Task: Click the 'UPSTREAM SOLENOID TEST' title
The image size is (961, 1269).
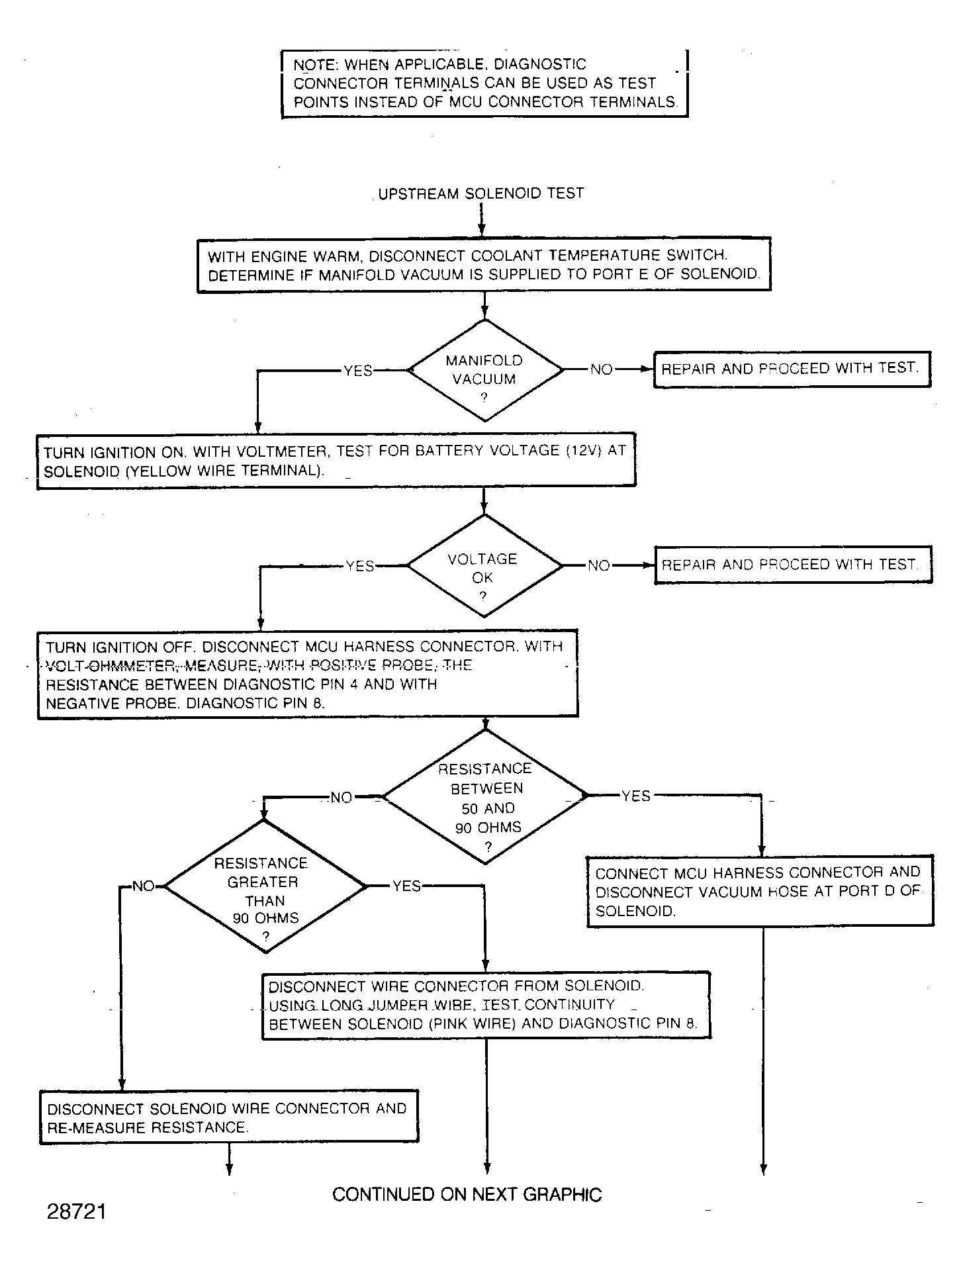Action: pyautogui.click(x=481, y=194)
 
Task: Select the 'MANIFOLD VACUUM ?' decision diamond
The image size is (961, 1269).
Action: pyautogui.click(x=485, y=371)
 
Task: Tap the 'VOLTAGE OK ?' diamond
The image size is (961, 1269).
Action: pyautogui.click(x=484, y=566)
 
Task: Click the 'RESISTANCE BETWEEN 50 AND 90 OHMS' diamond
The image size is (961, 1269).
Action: pyautogui.click(x=485, y=796)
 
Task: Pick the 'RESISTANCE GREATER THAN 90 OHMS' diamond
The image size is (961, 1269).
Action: pyautogui.click(x=265, y=886)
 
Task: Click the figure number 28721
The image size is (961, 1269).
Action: pyautogui.click(x=77, y=1211)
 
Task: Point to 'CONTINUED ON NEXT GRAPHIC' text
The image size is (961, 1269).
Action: pyautogui.click(x=467, y=1194)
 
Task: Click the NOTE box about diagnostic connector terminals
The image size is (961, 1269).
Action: pyautogui.click(x=485, y=83)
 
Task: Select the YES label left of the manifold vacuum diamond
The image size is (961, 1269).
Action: pyautogui.click(x=358, y=371)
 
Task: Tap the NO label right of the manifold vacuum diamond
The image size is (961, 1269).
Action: pyautogui.click(x=602, y=369)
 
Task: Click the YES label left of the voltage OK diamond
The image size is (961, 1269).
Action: pyautogui.click(x=360, y=567)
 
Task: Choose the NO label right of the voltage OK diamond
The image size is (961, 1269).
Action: pyautogui.click(x=599, y=565)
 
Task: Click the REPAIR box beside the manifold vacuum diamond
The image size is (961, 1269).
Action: pyautogui.click(x=792, y=369)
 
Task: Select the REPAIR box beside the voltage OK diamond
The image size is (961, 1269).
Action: pyautogui.click(x=794, y=565)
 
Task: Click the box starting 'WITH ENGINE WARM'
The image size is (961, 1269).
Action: pyautogui.click(x=484, y=264)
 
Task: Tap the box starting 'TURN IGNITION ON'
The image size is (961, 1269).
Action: pyautogui.click(x=336, y=461)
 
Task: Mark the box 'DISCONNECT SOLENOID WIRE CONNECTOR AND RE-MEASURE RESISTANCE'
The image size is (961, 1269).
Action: pyautogui.click(x=229, y=1117)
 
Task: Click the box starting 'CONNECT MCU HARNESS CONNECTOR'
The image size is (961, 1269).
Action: pyautogui.click(x=760, y=891)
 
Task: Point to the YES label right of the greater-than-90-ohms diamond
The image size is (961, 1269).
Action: pyautogui.click(x=406, y=886)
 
